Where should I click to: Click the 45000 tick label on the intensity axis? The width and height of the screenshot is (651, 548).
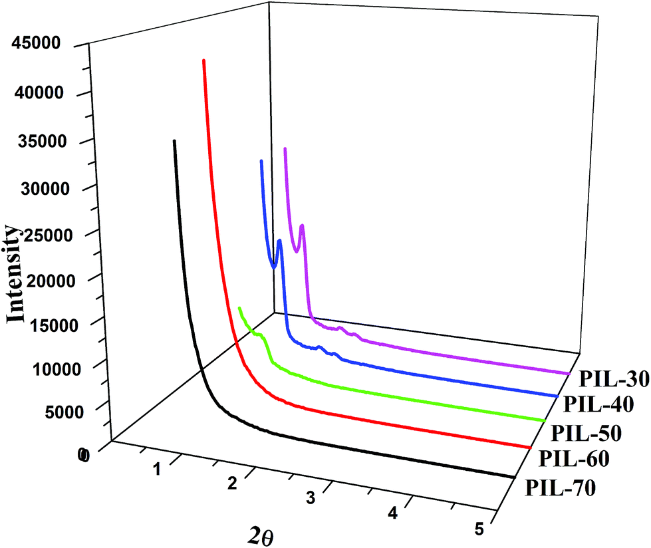(x=37, y=45)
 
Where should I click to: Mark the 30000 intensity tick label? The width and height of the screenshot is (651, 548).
(x=37, y=190)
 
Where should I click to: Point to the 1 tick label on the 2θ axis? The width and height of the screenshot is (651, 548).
(x=157, y=470)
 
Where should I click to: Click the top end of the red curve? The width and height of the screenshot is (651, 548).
(x=203, y=61)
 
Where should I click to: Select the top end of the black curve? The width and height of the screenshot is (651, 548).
(x=174, y=141)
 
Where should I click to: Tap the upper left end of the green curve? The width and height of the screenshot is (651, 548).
(x=240, y=308)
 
